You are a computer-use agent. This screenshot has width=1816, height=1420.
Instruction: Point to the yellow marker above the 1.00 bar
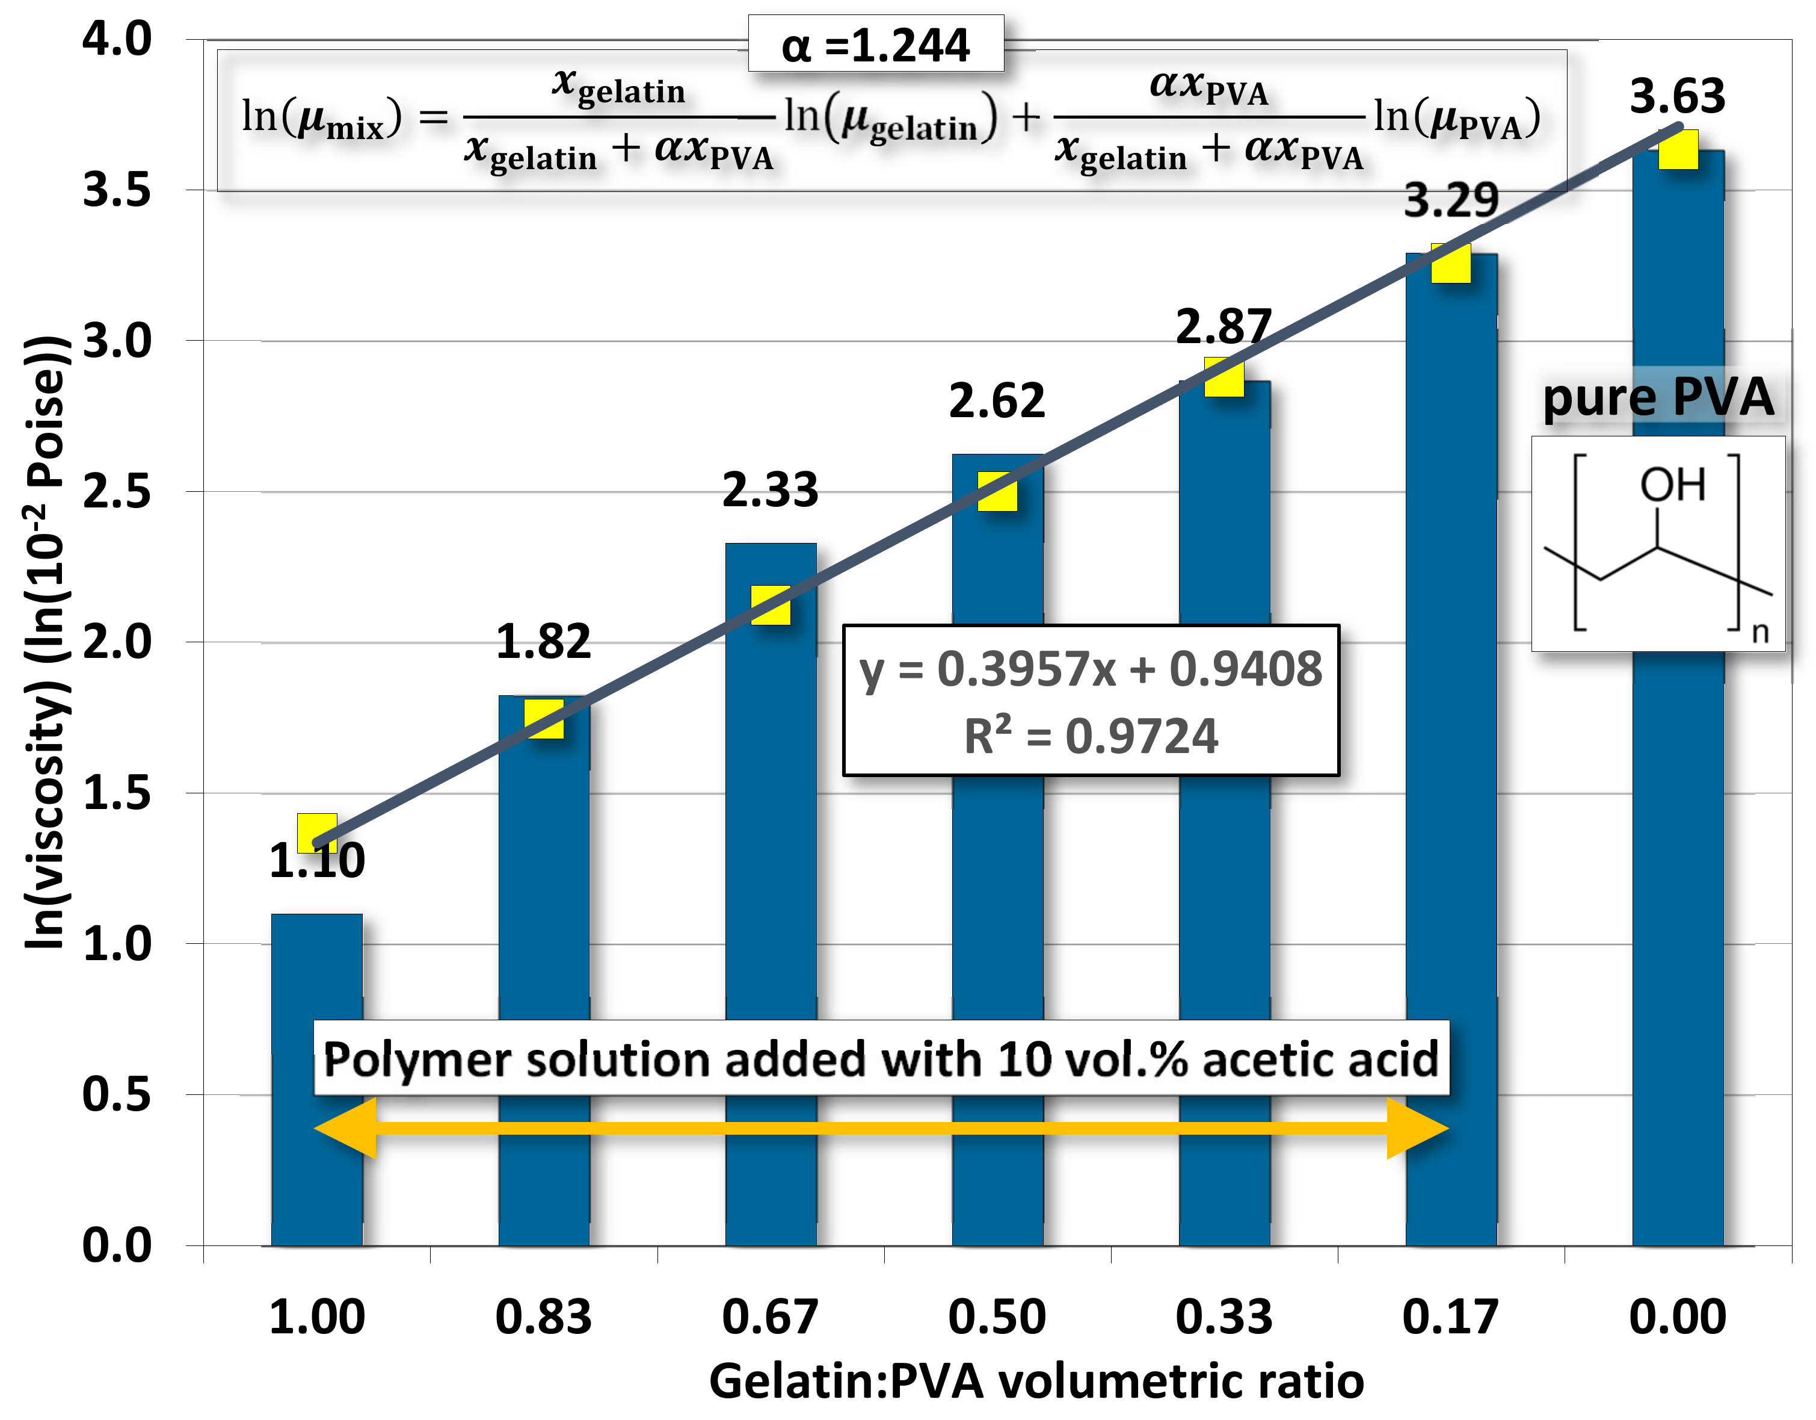pos(317,832)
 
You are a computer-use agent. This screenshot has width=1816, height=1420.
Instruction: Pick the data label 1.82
pos(543,642)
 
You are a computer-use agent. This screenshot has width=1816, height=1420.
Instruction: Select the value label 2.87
pos(1223,326)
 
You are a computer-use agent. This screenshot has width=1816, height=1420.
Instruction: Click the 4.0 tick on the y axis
pos(117,39)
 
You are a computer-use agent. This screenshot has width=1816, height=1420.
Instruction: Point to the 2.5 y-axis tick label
pos(117,492)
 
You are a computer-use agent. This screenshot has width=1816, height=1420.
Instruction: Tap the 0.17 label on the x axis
pos(1450,1317)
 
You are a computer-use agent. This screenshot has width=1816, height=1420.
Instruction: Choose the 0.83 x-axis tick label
pos(543,1317)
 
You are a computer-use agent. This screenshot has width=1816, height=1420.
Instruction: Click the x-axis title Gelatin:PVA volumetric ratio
pos(1036,1381)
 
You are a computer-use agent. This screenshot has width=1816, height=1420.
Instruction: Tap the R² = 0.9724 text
pos(1091,736)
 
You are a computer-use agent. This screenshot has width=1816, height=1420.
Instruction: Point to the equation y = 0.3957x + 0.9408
pos(1091,669)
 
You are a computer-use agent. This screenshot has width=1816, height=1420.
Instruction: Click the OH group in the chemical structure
pos(1672,485)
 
